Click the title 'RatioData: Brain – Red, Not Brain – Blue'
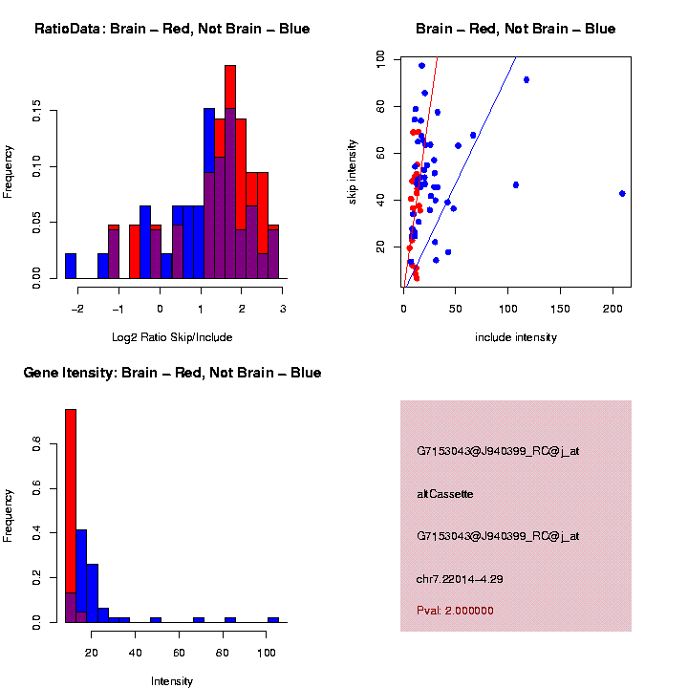point(172,29)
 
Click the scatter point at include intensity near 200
point(622,193)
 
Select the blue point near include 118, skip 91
point(527,79)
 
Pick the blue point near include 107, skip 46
point(516,184)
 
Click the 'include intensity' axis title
point(515,337)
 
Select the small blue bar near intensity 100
point(273,619)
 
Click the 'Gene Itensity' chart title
point(172,373)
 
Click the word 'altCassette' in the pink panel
point(445,494)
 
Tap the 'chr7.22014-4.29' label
point(461,579)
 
